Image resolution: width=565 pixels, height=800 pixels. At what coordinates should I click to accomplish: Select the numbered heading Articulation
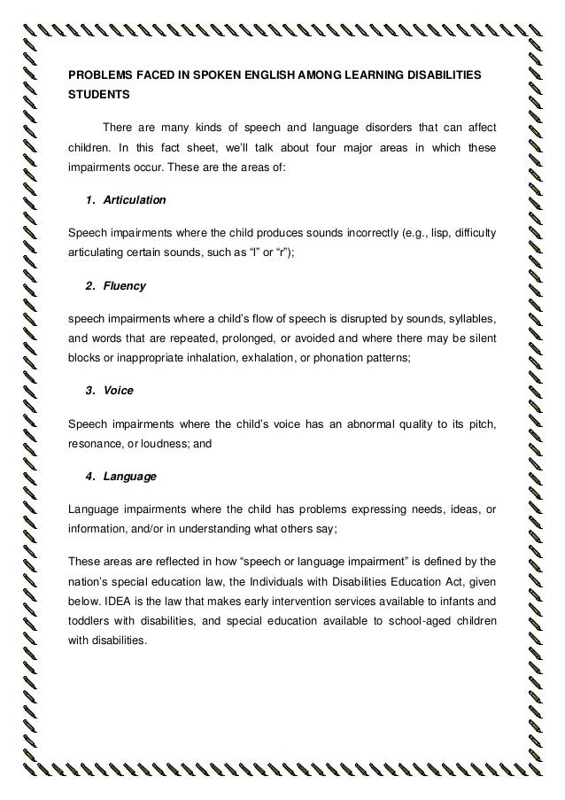pyautogui.click(x=134, y=201)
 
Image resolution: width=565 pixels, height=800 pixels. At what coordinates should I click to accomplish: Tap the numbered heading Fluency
pyautogui.click(x=125, y=286)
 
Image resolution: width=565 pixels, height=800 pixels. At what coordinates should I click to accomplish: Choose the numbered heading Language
pyautogui.click(x=129, y=476)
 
